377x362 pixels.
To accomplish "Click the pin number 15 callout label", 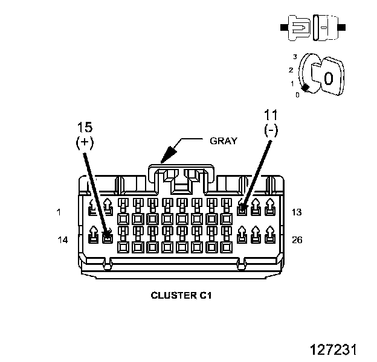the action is [x=85, y=127].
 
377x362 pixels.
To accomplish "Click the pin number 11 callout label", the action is [x=271, y=115].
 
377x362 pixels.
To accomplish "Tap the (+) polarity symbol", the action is [x=85, y=142].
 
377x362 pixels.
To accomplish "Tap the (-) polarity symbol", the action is [x=271, y=130].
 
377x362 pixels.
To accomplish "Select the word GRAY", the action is [x=224, y=141].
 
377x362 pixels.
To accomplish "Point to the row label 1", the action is [x=59, y=212].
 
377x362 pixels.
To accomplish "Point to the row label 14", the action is [x=62, y=240].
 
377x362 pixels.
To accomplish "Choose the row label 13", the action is [x=297, y=212].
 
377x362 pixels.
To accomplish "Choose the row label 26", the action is [x=297, y=240].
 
